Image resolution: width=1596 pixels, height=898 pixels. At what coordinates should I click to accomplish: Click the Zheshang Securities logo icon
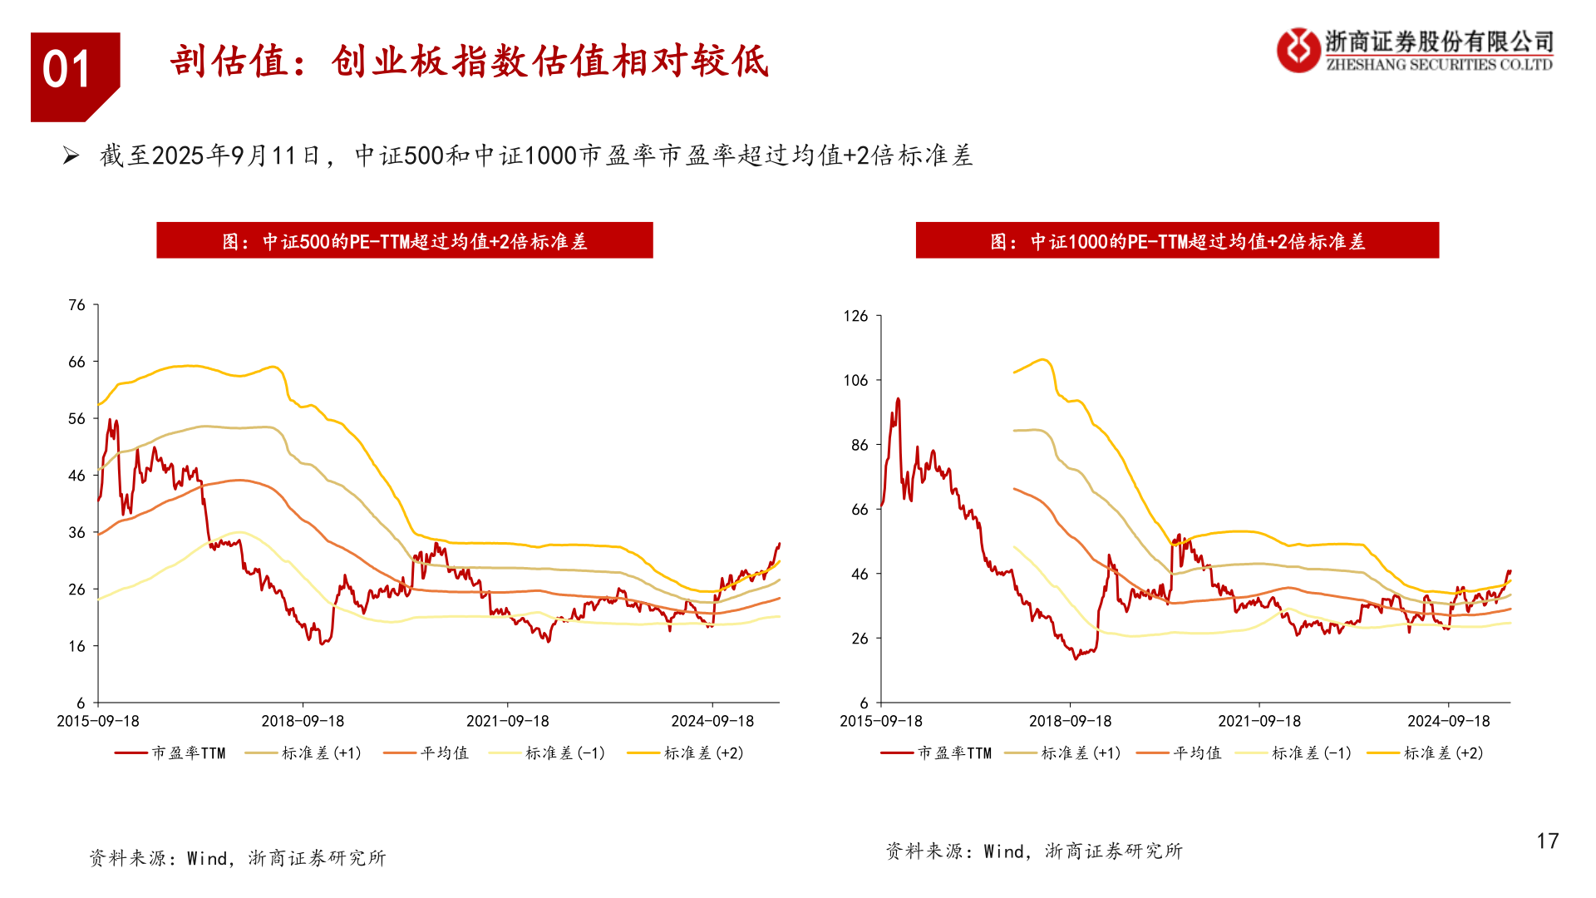[x=1298, y=50]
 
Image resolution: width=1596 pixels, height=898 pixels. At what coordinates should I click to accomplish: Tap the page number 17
[x=1547, y=841]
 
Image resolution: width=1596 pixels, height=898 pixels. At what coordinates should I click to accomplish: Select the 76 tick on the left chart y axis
[x=77, y=305]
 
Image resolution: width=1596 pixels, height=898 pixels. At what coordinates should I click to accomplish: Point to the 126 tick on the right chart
[x=855, y=316]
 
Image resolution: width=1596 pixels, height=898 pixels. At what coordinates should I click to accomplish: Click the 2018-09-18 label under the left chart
[x=303, y=722]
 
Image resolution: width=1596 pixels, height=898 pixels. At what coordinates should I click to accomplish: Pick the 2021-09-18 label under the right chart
[x=1259, y=722]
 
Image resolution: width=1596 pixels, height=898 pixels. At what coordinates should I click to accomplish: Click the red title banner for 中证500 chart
[x=405, y=241]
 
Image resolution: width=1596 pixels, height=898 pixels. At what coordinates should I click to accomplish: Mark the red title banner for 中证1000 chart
[x=1177, y=241]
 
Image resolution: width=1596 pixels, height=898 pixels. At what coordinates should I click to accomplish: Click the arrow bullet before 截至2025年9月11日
[x=71, y=155]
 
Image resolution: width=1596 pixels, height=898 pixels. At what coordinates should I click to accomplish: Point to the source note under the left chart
[x=238, y=858]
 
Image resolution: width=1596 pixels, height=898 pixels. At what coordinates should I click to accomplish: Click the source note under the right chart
[x=1033, y=851]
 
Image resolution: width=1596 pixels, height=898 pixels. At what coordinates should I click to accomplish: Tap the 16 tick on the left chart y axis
[x=77, y=646]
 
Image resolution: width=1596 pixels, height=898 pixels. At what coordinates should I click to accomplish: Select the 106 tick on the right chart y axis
[x=855, y=381]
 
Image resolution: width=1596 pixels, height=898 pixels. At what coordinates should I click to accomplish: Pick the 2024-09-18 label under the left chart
[x=712, y=722]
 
